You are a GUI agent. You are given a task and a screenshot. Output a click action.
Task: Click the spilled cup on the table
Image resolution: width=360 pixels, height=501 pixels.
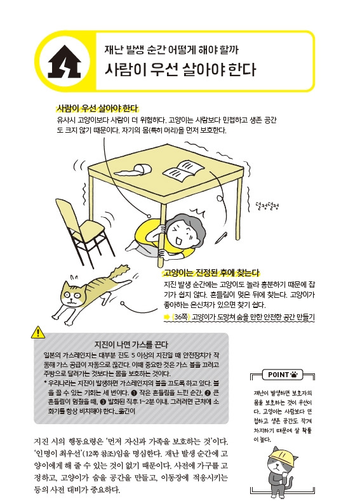coord(138,168)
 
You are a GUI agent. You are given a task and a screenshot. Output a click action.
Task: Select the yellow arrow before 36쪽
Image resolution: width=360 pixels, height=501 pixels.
coord(167,316)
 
